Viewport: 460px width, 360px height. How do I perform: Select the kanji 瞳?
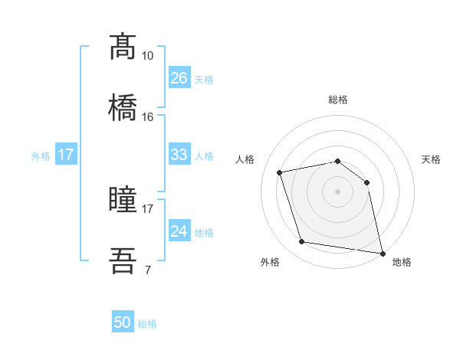pyautogui.click(x=123, y=200)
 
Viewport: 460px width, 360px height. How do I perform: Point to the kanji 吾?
pyautogui.click(x=123, y=260)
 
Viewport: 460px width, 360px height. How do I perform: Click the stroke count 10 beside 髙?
pyautogui.click(x=148, y=56)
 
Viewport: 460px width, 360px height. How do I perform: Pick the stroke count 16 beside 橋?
pyautogui.click(x=148, y=116)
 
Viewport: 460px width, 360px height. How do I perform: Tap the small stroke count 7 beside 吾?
pyautogui.click(x=148, y=270)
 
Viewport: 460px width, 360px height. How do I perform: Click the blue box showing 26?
pyautogui.click(x=179, y=78)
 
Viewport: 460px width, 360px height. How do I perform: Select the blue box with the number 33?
pyautogui.click(x=179, y=155)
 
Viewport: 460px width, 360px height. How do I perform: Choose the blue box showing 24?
pyautogui.click(x=179, y=231)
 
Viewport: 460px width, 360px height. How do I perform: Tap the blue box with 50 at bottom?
pyautogui.click(x=123, y=322)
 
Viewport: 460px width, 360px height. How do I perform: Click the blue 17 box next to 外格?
pyautogui.click(x=66, y=155)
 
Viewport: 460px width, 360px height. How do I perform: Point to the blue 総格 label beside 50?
pyautogui.click(x=147, y=324)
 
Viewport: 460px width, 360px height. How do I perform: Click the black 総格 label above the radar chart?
pyautogui.click(x=337, y=100)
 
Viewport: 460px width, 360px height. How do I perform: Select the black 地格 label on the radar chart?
pyautogui.click(x=402, y=263)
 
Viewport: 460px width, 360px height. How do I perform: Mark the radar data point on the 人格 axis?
pyautogui.click(x=281, y=172)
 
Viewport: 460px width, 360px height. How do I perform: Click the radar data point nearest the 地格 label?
pyautogui.click(x=381, y=253)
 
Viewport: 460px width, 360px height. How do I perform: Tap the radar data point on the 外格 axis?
pyautogui.click(x=302, y=242)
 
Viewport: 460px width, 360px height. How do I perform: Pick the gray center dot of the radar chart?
pyautogui.click(x=337, y=191)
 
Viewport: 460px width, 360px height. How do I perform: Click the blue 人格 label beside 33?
pyautogui.click(x=204, y=155)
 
